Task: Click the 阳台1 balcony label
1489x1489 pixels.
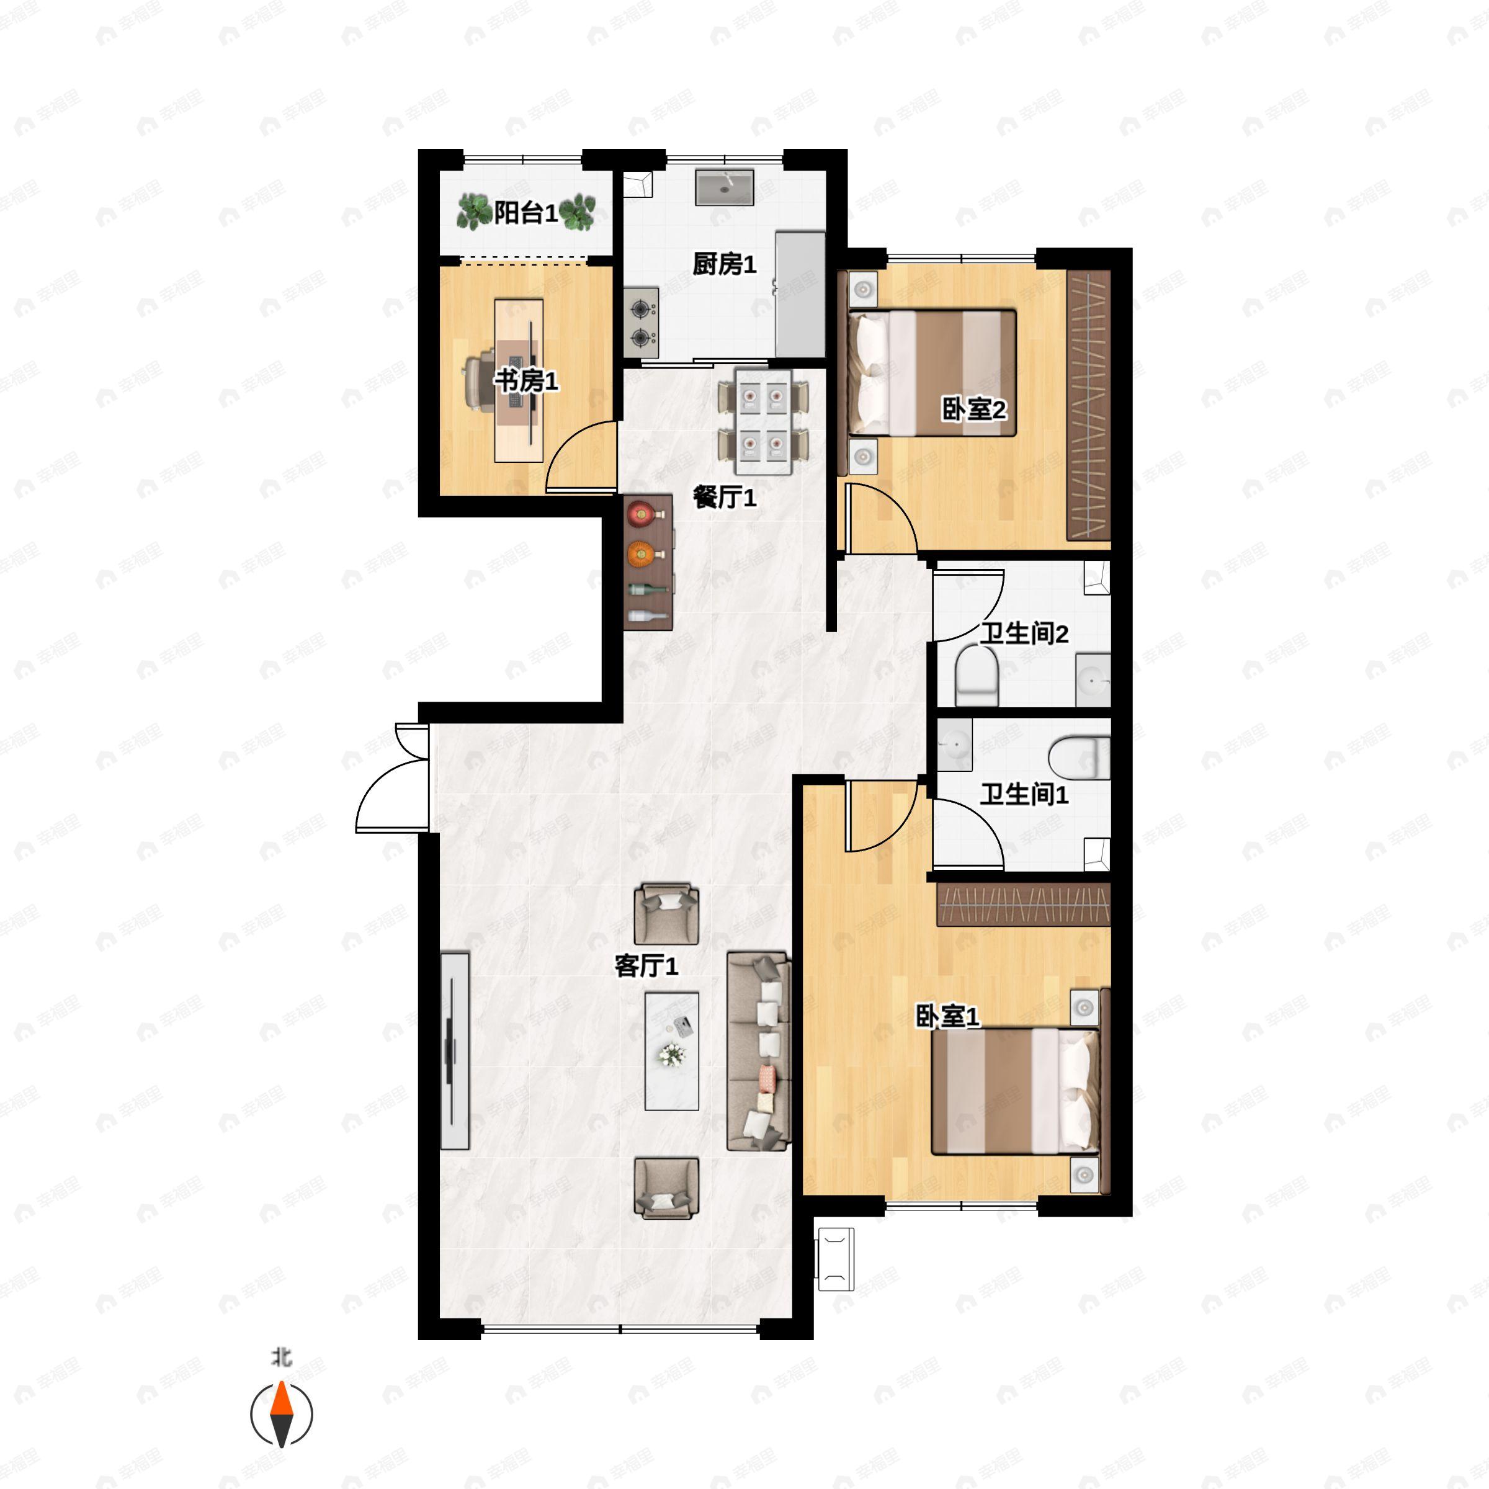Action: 525,213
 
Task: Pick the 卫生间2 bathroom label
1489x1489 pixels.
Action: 1024,633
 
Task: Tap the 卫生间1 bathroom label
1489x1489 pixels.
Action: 1024,794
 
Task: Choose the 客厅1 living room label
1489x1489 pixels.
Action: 646,966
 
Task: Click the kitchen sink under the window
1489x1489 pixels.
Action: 725,187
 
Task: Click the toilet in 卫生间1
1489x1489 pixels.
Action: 1079,758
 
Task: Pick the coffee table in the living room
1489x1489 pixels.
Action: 671,1051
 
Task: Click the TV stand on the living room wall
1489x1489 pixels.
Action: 455,1051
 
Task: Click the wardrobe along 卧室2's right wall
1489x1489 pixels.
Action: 1088,405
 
